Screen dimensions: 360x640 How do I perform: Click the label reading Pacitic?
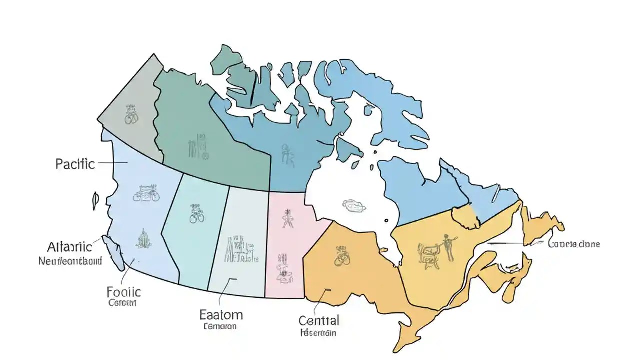point(75,164)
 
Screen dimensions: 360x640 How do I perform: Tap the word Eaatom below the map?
point(221,315)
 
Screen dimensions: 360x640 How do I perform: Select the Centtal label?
point(319,320)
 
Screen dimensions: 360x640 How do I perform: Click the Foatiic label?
point(124,292)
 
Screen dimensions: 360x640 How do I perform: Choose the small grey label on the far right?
point(574,244)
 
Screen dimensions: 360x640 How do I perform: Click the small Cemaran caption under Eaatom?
point(220,326)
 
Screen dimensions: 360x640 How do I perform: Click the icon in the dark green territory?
point(198,146)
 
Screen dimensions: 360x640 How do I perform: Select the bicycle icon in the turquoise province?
point(197,213)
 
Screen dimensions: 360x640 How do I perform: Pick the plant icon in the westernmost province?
point(144,239)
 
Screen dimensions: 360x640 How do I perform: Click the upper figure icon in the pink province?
point(287,218)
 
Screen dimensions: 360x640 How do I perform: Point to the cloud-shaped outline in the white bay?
point(354,204)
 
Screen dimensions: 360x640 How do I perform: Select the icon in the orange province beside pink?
point(342,254)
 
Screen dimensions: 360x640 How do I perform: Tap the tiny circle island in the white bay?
point(385,219)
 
